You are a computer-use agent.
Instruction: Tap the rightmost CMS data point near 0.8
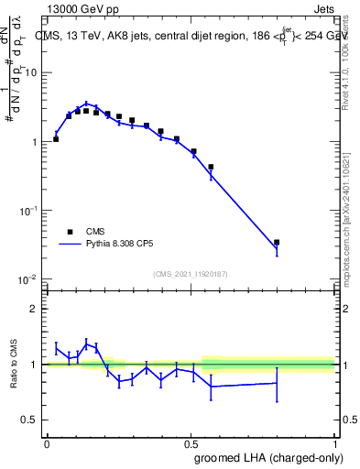[277, 243]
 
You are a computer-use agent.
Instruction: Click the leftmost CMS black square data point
[56, 139]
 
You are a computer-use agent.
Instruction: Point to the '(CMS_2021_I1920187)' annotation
[190, 274]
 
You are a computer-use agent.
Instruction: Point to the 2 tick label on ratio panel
[34, 309]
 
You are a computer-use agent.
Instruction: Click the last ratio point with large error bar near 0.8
[277, 383]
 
